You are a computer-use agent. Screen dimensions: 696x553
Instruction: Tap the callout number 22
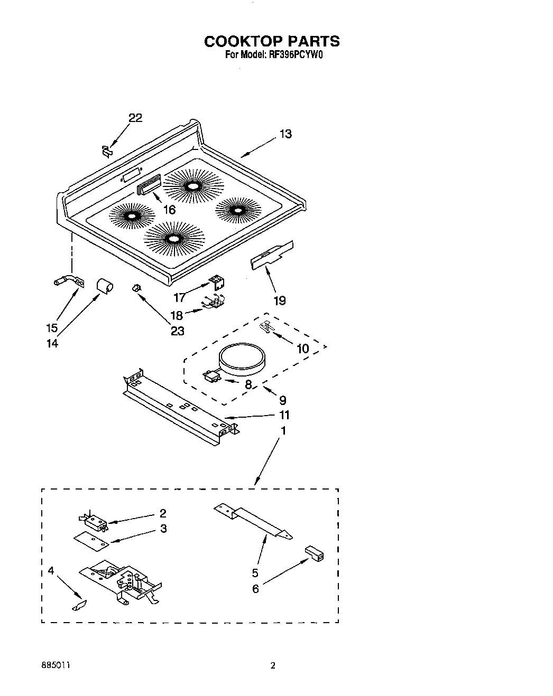point(135,118)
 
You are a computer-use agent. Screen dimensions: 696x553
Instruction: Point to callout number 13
point(285,134)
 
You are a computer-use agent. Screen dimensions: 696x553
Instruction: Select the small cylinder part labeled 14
point(104,286)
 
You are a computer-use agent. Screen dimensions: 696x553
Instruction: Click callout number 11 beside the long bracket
point(285,415)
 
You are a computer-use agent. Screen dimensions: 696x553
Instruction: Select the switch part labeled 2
point(95,522)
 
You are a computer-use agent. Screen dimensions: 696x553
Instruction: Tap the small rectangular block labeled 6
point(314,553)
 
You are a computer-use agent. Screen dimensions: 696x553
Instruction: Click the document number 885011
point(54,666)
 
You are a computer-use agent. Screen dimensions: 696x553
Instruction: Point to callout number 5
point(255,572)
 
